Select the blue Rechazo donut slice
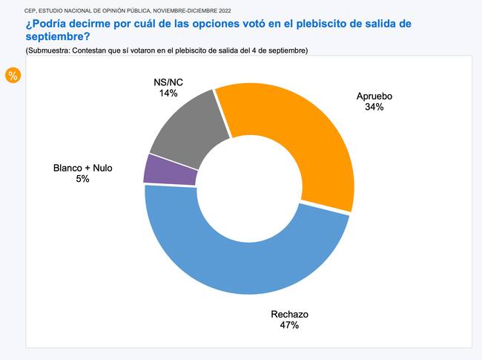245,260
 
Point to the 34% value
374,107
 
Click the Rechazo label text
289,314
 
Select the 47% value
289,325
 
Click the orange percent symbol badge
13,75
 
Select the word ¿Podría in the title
47,23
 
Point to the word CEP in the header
31,10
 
